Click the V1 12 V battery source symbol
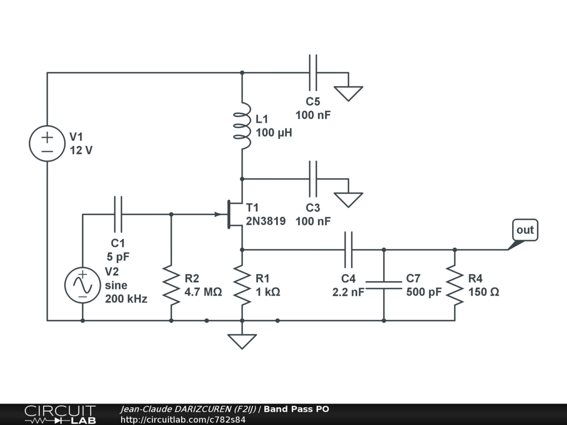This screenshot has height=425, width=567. click(x=47, y=143)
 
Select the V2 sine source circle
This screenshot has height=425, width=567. click(x=83, y=285)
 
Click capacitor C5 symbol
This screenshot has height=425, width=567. click(x=313, y=72)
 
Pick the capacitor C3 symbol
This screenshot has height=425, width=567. click(x=313, y=179)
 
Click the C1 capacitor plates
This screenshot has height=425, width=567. click(x=118, y=214)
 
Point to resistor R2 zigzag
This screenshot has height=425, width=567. click(x=171, y=285)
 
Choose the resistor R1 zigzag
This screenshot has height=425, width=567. click(x=242, y=285)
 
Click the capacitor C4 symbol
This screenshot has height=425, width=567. click(x=348, y=250)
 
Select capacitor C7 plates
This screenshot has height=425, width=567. click(x=384, y=285)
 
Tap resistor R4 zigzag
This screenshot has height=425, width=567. click(x=455, y=285)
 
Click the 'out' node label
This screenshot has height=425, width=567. click(x=524, y=230)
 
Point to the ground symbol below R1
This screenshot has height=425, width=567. click(x=242, y=340)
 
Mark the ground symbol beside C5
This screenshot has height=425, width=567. click(x=348, y=92)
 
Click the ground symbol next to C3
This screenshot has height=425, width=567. click(x=348, y=199)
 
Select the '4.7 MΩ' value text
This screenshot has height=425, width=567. click(x=203, y=292)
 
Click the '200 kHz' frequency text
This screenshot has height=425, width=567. click(x=126, y=299)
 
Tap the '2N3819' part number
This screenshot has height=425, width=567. click(x=266, y=221)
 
